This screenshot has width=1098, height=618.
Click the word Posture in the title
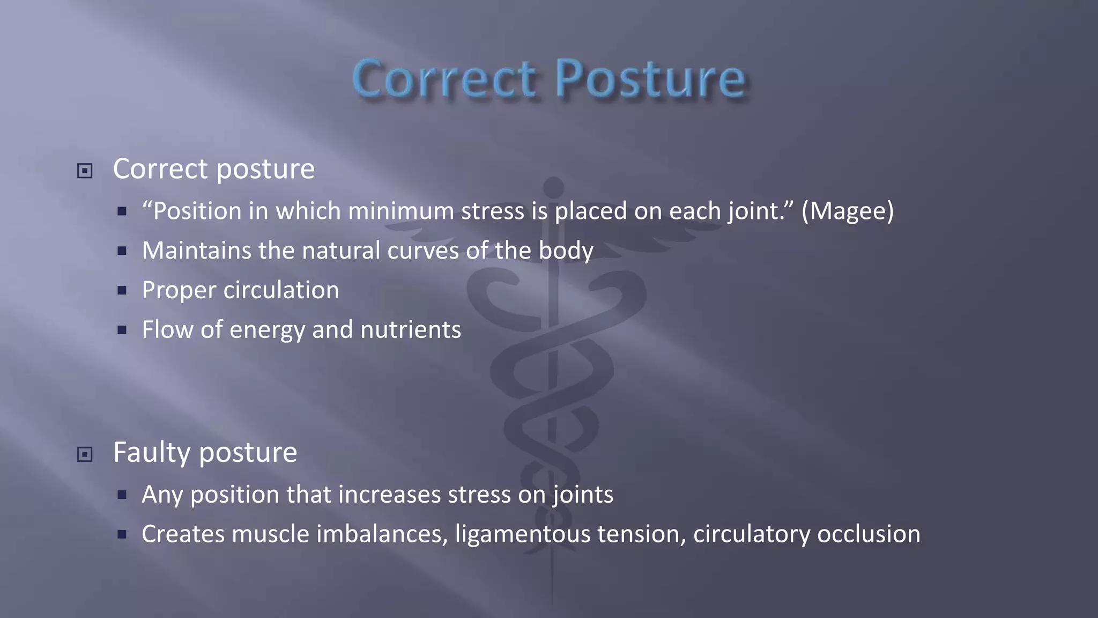point(650,79)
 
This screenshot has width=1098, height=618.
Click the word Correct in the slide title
point(444,79)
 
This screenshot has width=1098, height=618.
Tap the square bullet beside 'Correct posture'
point(85,171)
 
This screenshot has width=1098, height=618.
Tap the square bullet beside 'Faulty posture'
point(85,454)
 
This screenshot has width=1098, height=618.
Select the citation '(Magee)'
point(847,211)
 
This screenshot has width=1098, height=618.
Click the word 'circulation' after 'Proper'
point(281,290)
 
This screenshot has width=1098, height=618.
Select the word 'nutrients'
point(410,329)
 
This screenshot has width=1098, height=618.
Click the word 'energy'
point(267,330)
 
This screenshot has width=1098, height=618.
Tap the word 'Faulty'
point(152,452)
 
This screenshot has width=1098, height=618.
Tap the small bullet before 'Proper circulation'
point(122,291)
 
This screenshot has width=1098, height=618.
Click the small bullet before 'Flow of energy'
point(122,330)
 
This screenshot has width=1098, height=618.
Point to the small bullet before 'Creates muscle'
point(122,534)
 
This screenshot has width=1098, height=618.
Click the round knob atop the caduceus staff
point(553,187)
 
